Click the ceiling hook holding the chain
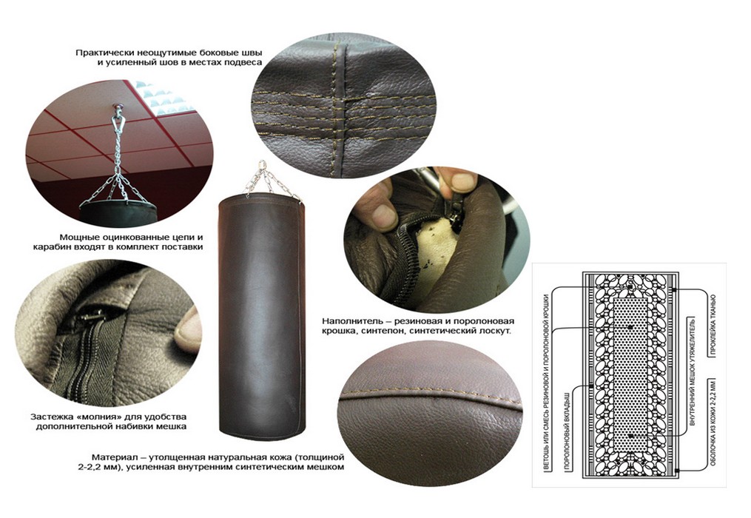tap(117, 108)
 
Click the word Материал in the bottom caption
tap(113, 457)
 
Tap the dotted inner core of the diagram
tap(630, 374)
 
